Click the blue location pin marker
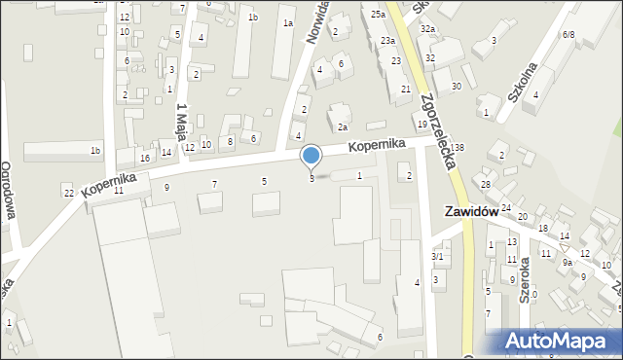coord(311,156)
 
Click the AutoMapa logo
coord(561,342)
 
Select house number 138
coord(458,147)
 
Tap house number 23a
coord(387,41)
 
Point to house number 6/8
coord(568,34)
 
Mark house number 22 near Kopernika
coord(68,193)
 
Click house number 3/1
coord(437,257)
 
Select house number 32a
coord(426,30)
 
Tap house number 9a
coord(567,262)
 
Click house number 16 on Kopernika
coord(145,158)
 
